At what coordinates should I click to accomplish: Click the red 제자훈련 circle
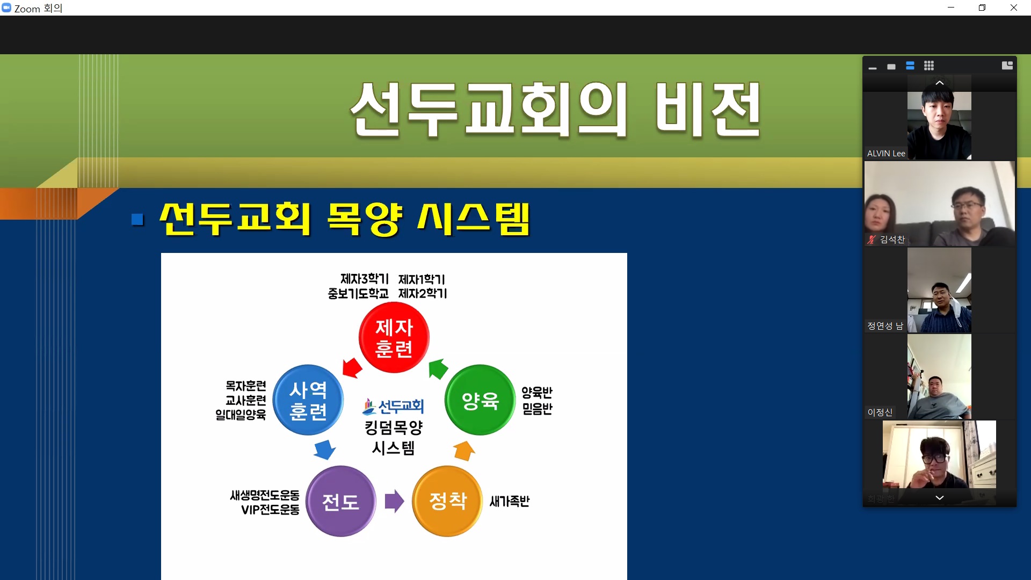tap(394, 337)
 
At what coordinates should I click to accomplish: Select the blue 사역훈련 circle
tap(308, 400)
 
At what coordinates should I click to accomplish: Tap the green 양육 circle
tap(480, 400)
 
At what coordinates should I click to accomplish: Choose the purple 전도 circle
tap(340, 501)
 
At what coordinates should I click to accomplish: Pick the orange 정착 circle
tap(448, 501)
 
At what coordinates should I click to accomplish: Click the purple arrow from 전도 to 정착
tap(394, 501)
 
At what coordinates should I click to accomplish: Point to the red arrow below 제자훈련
tap(352, 368)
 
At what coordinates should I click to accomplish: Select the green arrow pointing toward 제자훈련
tap(438, 369)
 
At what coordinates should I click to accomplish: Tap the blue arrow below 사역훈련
tap(325, 450)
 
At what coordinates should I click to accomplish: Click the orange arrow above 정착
tap(464, 451)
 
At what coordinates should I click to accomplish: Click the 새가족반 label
tap(510, 501)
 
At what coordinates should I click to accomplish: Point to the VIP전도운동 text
tap(270, 510)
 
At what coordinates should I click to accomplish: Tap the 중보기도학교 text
tap(358, 294)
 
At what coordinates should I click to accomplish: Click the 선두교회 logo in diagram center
tap(394, 407)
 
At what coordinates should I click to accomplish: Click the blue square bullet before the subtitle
tap(138, 220)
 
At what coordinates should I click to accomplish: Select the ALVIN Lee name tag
tap(886, 154)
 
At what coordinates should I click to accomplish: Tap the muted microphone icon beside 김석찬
tap(872, 240)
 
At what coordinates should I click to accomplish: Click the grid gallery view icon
tap(929, 66)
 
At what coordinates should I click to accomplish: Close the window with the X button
tap(1014, 8)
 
